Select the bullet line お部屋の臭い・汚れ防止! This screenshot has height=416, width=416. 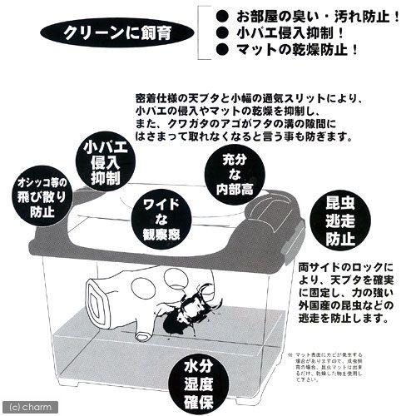[307, 17]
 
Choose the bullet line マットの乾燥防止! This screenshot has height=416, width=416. [300, 51]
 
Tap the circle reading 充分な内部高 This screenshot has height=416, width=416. [232, 174]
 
